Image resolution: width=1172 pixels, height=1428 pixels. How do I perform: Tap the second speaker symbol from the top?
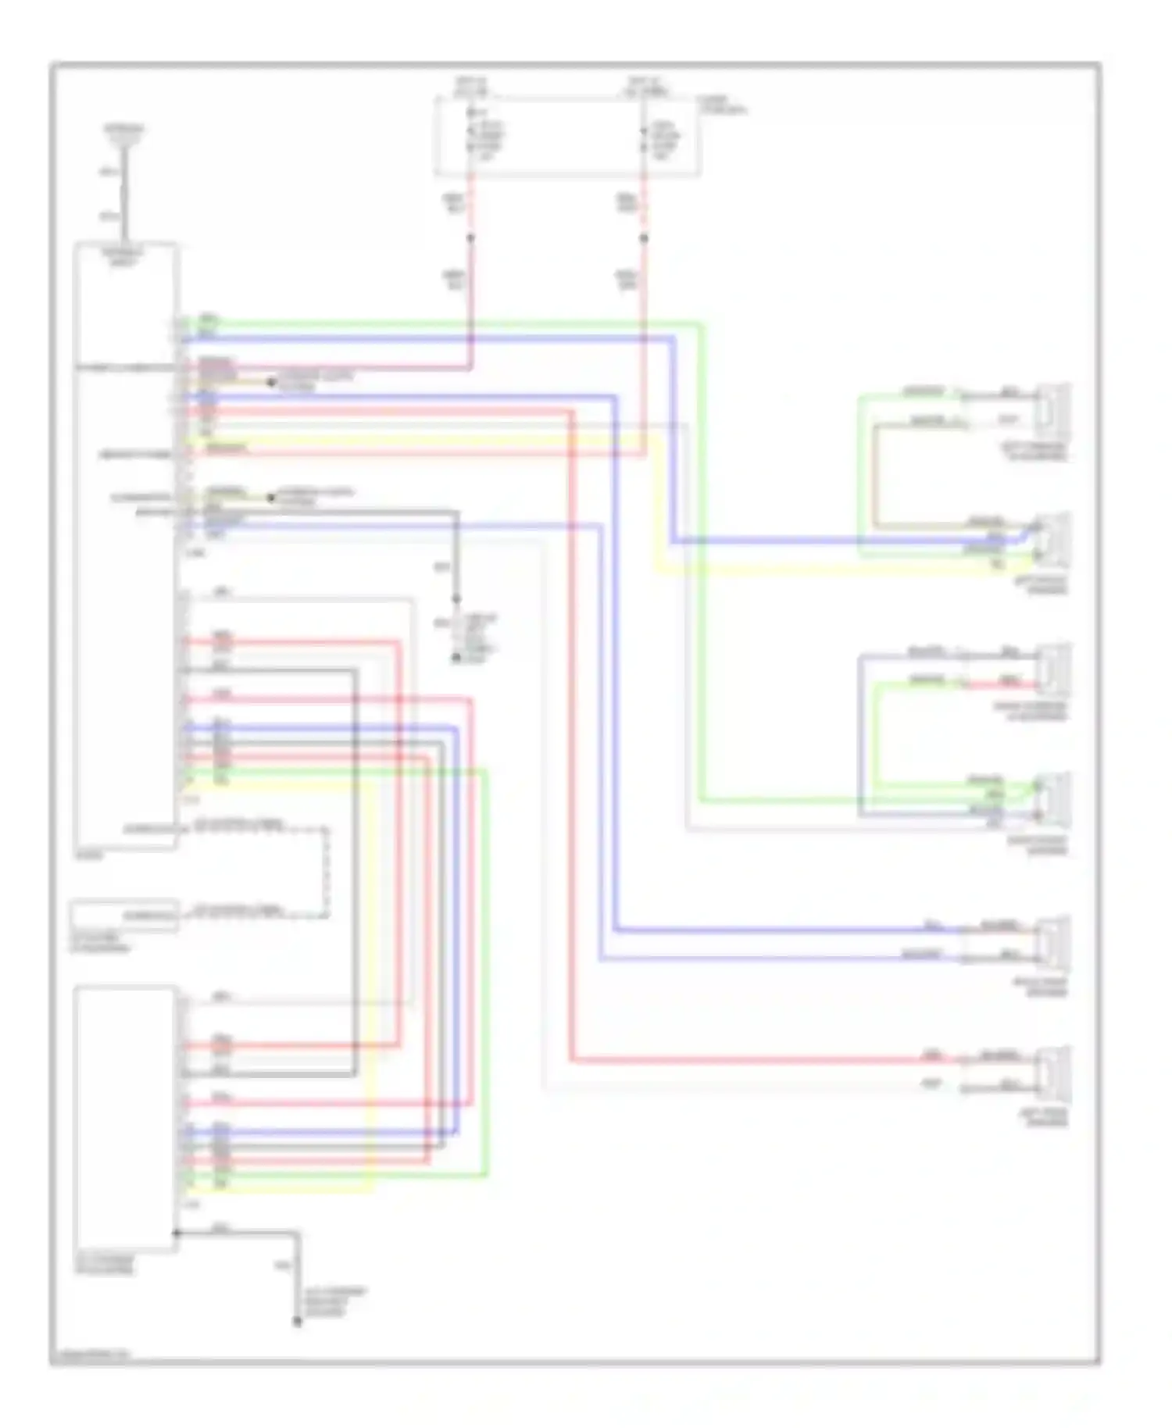point(1054,537)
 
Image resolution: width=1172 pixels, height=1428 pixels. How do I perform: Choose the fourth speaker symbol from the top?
point(1054,798)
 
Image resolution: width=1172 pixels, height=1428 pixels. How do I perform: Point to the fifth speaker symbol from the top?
point(1054,941)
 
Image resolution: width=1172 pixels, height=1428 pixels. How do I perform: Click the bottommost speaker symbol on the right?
point(1054,1072)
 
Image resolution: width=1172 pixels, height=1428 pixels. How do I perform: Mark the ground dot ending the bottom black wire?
point(297,1322)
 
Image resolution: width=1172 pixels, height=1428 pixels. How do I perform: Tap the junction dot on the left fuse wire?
point(470,237)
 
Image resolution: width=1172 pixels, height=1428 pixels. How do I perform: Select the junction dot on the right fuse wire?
point(644,237)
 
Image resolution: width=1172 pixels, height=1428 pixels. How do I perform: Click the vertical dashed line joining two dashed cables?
point(327,869)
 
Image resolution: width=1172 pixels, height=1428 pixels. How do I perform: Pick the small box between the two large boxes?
point(124,916)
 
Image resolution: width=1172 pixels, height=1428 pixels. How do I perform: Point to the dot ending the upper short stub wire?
point(271,382)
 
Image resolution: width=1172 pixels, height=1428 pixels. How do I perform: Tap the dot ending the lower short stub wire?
point(271,498)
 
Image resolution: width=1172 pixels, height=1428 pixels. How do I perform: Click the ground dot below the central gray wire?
point(456,659)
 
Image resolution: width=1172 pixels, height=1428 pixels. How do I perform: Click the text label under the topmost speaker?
point(1037,452)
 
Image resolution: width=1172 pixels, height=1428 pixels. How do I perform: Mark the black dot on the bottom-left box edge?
point(177,1233)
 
